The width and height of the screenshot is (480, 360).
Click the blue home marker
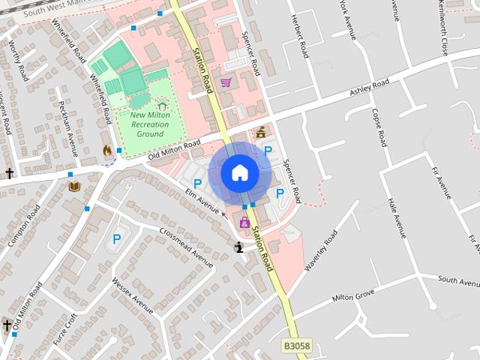239,172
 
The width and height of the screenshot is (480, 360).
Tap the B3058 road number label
296,346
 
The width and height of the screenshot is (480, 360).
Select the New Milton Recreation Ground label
150,124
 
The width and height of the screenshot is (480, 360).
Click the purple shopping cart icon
226,82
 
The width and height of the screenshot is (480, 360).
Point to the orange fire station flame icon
108,151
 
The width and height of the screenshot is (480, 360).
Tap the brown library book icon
73,186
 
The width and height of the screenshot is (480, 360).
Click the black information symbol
238,247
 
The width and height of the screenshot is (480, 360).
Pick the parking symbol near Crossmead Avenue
117,239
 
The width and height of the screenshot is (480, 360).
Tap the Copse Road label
378,127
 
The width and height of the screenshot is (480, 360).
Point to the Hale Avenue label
397,217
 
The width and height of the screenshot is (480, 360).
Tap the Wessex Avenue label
132,295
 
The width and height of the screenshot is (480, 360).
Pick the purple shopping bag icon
244,222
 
